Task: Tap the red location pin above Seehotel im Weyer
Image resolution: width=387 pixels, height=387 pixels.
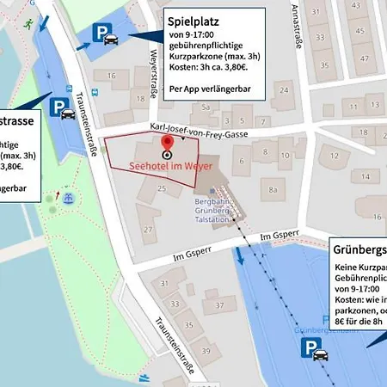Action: [x=166, y=150]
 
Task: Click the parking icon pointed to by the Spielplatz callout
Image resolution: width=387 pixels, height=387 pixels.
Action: [x=101, y=34]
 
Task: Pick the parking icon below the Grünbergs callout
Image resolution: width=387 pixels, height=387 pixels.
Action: [x=312, y=347]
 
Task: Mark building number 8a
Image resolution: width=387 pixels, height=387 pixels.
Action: [x=273, y=189]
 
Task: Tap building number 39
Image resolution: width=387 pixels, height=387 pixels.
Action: [x=206, y=351]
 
